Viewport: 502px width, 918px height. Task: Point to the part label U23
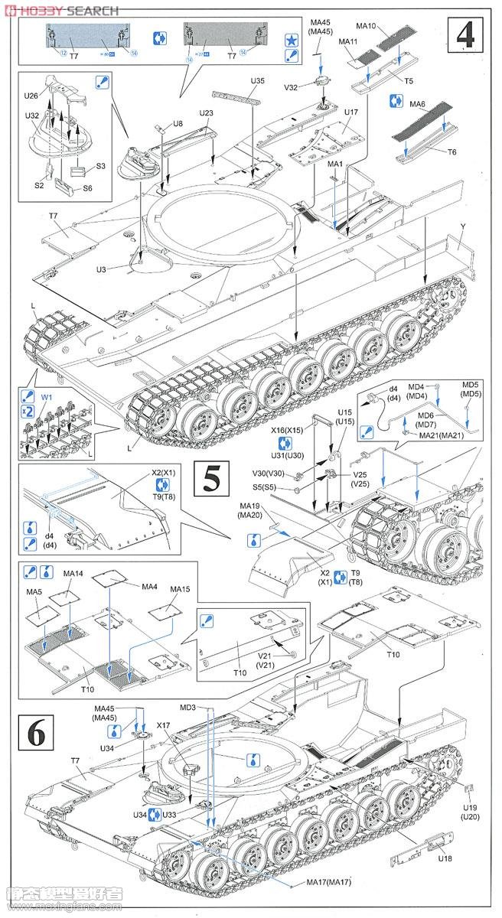pos(206,113)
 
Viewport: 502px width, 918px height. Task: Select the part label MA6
pos(417,103)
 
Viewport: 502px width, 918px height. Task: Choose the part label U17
pos(351,112)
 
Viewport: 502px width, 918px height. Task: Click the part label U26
pos(31,96)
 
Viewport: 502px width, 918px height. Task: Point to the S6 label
pos(87,188)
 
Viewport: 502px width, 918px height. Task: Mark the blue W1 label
pos(47,398)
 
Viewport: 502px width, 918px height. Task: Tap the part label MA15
pos(180,589)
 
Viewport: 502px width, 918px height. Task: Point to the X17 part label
pos(163,725)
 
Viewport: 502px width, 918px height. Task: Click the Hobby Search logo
pos(61,10)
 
